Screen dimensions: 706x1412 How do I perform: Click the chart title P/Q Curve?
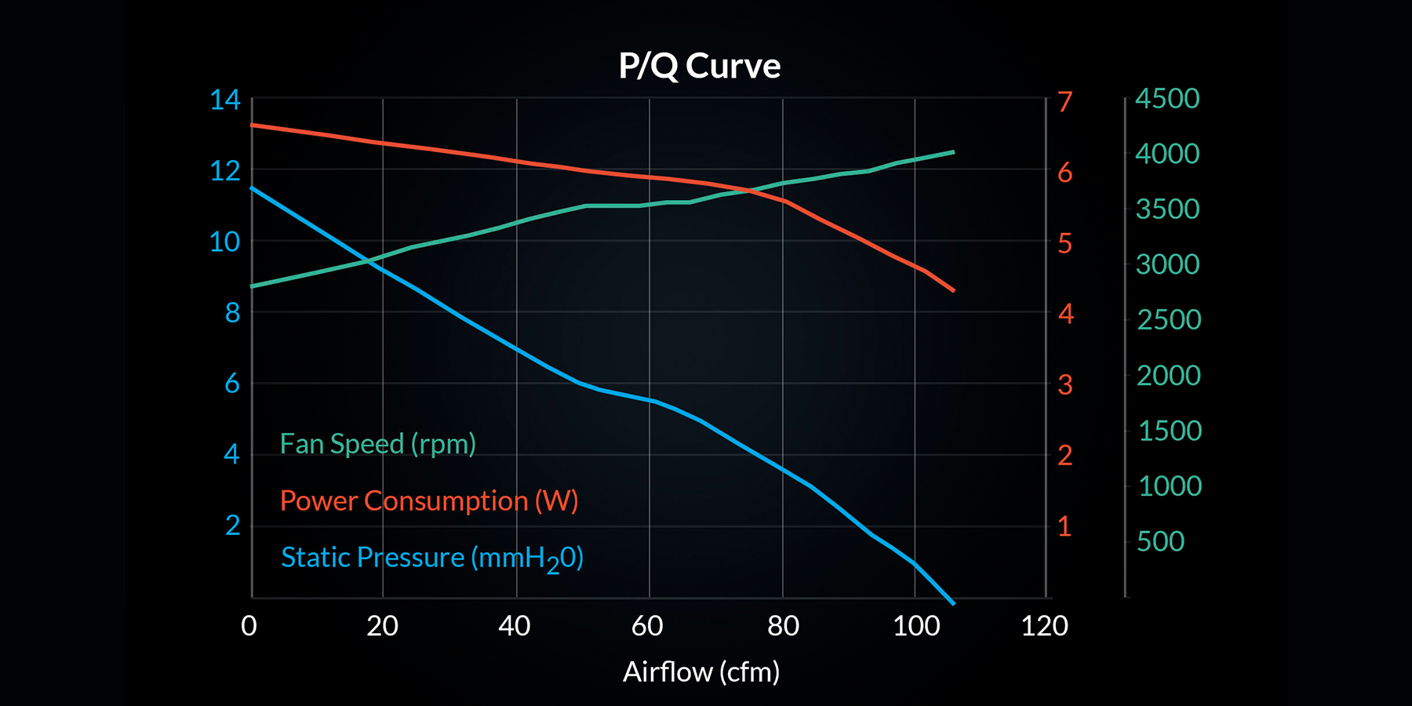click(699, 66)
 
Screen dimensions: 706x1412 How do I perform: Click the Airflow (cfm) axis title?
click(701, 672)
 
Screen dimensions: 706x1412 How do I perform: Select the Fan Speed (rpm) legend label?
click(377, 444)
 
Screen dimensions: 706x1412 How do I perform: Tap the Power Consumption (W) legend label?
click(429, 501)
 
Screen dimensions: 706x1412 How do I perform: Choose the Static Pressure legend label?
click(432, 558)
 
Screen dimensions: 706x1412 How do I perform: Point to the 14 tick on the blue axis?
click(225, 100)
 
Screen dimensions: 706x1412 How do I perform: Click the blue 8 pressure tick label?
click(232, 313)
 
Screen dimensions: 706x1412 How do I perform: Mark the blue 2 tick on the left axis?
click(232, 526)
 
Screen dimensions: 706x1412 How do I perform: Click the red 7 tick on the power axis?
click(1064, 102)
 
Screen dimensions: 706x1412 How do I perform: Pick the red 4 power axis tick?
click(1065, 314)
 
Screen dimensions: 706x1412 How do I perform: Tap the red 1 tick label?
click(1064, 526)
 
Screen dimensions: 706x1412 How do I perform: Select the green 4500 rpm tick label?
click(1167, 99)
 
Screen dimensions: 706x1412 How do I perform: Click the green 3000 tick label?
click(1167, 264)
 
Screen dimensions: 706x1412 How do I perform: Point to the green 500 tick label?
click(1160, 541)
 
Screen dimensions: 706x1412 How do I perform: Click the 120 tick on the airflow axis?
click(1044, 626)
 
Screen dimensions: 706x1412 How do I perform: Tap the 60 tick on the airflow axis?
click(647, 626)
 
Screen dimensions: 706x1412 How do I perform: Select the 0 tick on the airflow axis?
click(249, 626)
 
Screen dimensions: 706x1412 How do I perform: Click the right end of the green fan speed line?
click(953, 152)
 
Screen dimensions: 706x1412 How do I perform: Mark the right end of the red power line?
click(953, 290)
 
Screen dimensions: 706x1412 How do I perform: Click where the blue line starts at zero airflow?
click(252, 188)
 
